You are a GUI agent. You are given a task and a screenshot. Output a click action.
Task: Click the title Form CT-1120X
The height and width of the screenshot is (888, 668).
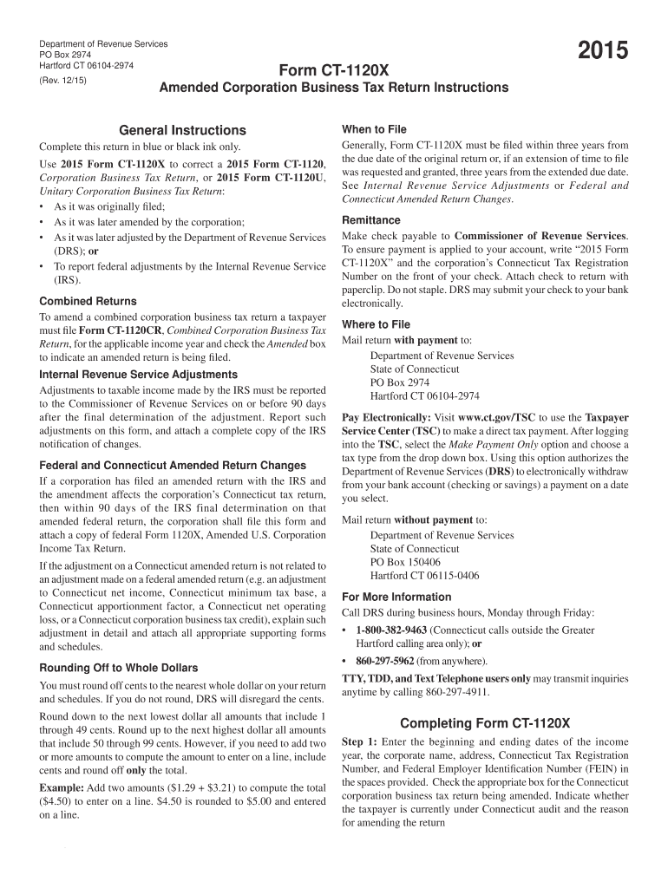click(334, 69)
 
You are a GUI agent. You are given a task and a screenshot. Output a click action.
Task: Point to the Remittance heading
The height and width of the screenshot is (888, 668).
click(371, 220)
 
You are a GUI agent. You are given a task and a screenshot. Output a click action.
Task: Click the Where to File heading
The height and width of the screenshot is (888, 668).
click(377, 324)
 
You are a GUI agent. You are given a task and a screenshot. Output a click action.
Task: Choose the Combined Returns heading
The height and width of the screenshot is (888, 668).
click(88, 301)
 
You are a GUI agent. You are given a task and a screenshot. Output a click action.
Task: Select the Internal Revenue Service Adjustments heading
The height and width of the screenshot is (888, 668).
click(139, 375)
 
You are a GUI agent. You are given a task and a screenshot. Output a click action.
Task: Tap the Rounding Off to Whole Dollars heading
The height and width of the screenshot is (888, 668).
click(119, 668)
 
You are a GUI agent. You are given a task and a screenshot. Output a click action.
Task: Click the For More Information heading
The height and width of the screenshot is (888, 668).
click(396, 597)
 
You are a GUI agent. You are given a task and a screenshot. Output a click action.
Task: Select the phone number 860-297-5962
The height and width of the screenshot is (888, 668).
click(390, 661)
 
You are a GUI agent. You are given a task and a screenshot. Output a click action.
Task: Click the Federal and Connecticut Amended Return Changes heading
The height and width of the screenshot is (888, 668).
click(173, 466)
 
